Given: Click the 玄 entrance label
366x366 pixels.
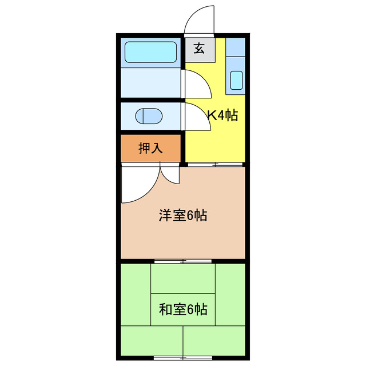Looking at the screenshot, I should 199,49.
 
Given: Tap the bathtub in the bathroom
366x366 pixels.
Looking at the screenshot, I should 151,52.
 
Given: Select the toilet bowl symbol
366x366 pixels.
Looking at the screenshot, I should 149,116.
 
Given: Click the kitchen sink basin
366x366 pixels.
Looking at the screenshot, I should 235,81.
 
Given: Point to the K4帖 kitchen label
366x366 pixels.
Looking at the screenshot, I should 222,116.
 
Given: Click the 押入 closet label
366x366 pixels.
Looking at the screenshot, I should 151,148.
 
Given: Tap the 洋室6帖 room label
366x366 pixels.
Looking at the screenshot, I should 182,216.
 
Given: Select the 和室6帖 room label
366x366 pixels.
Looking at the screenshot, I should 182,310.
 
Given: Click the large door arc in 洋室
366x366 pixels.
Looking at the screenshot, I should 137,186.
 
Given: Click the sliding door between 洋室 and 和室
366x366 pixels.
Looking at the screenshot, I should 182,261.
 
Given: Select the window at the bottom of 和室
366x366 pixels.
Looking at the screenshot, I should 182,357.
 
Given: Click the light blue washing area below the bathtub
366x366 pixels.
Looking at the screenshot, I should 151,82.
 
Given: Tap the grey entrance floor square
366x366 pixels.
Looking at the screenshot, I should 199,49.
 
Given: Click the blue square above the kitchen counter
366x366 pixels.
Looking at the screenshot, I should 236,46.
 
